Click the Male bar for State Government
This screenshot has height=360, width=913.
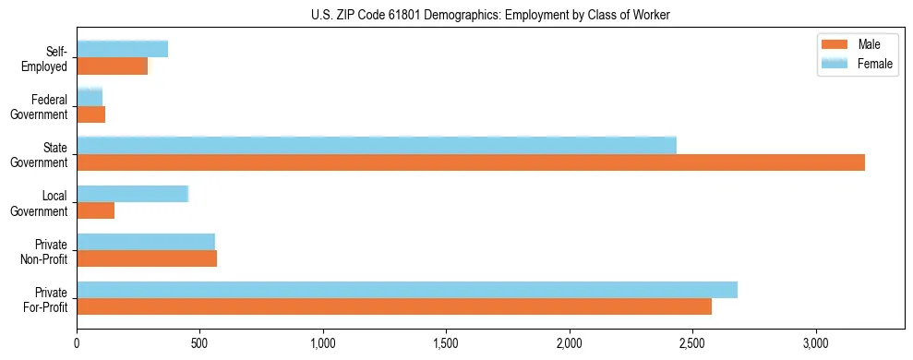tap(471, 162)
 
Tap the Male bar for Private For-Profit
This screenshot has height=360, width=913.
tap(394, 306)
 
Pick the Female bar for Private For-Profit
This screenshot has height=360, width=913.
tap(407, 290)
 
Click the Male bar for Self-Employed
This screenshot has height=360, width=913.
tap(113, 66)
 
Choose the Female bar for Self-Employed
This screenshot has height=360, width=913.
tap(123, 50)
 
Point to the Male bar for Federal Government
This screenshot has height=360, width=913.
tap(91, 114)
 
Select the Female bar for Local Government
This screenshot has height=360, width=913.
tap(133, 194)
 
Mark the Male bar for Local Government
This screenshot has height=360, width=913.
tap(96, 210)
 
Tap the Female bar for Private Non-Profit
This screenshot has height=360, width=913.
tap(146, 242)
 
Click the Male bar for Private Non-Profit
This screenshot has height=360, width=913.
tap(147, 258)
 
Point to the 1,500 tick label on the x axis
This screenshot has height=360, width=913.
tap(446, 343)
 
